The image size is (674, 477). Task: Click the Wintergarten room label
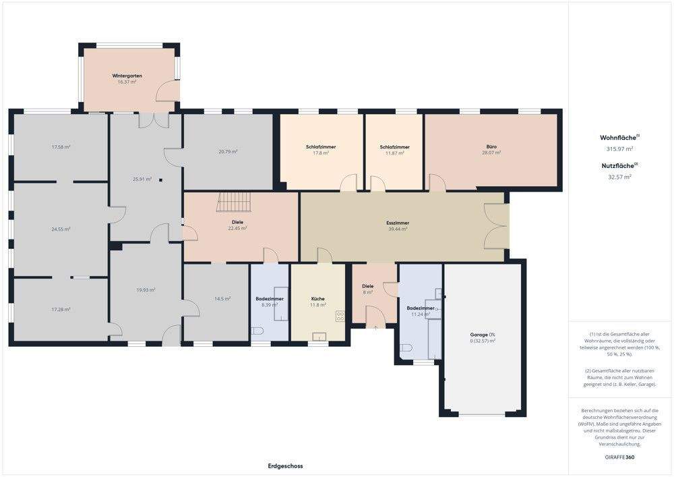(127, 76)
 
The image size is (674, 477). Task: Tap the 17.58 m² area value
(61, 146)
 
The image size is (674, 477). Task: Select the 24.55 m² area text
(61, 229)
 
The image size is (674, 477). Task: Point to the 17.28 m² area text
(61, 309)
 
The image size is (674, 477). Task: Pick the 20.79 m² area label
(228, 152)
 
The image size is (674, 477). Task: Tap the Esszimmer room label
(398, 223)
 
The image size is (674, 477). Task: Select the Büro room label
(491, 146)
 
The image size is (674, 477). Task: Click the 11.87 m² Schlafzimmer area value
(394, 153)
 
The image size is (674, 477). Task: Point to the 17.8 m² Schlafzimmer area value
(321, 153)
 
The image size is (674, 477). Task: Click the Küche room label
(317, 298)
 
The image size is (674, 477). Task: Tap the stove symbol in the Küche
(340, 315)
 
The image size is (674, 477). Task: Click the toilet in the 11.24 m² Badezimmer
(406, 349)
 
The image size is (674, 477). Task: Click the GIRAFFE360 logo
(619, 457)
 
